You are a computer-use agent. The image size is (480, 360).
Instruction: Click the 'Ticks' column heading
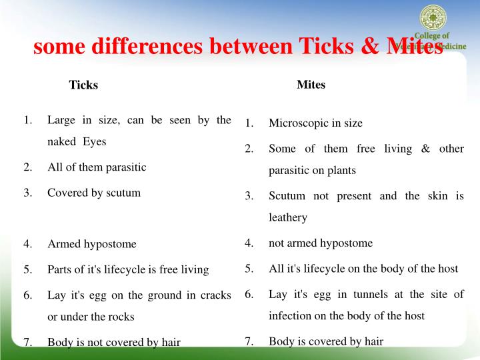coord(83,85)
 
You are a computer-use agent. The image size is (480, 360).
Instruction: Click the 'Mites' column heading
coord(311,85)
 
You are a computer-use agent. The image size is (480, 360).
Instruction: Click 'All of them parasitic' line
coord(97,167)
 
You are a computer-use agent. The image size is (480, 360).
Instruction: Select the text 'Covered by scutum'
coord(94,193)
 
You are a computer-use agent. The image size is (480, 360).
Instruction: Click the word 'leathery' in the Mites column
coord(288,217)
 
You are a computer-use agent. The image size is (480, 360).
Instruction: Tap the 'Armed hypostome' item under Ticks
coord(92,244)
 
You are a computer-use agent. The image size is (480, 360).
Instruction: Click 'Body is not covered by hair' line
coord(114,343)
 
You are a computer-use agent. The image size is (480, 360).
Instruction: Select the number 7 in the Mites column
coord(248,341)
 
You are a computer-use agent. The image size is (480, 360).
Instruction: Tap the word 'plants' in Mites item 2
coord(341,170)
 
